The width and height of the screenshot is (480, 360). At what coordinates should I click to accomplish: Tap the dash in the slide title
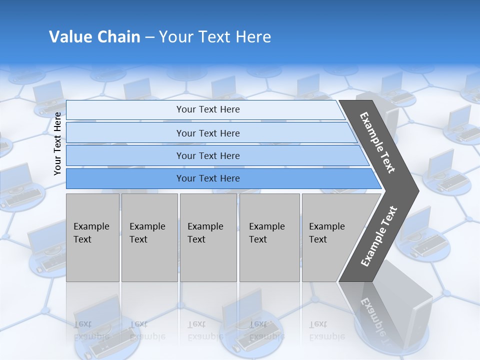coord(149,37)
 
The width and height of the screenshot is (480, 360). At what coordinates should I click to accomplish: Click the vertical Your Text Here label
coord(57,143)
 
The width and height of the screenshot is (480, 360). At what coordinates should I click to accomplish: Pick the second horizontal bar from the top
coord(207,133)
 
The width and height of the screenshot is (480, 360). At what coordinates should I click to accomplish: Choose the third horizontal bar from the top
coord(207,155)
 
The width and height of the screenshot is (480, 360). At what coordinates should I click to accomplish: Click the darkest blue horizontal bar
coord(207,178)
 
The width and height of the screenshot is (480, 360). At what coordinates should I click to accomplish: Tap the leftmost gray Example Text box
coord(92,237)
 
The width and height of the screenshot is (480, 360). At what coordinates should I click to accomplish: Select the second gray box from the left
coord(149,237)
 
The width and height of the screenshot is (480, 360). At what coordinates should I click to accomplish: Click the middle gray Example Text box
coord(208,237)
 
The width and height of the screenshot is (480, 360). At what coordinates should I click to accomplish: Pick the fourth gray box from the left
coord(269,237)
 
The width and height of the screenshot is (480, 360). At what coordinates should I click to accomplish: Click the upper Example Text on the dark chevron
coord(377,142)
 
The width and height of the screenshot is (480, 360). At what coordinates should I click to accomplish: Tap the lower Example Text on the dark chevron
coord(378,236)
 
